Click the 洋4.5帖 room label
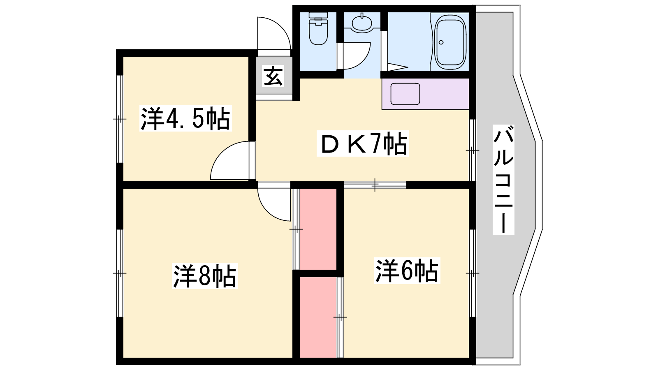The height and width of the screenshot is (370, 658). (x=185, y=119)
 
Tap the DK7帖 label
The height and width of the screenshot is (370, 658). (x=363, y=143)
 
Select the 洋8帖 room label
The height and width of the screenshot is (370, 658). (x=205, y=276)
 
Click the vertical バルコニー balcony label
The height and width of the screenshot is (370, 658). (x=503, y=179)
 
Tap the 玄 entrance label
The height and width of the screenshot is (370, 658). (x=273, y=76)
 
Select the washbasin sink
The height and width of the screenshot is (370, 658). (x=362, y=23)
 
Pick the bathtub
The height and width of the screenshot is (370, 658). (x=450, y=41)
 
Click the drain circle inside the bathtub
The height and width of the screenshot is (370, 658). (x=441, y=42)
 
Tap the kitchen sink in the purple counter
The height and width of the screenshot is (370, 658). (x=405, y=94)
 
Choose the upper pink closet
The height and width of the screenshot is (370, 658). (x=318, y=229)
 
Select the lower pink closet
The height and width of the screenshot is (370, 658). (x=318, y=317)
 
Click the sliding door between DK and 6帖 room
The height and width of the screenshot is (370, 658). (x=375, y=185)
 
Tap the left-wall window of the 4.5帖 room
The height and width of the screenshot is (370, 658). (x=120, y=119)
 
